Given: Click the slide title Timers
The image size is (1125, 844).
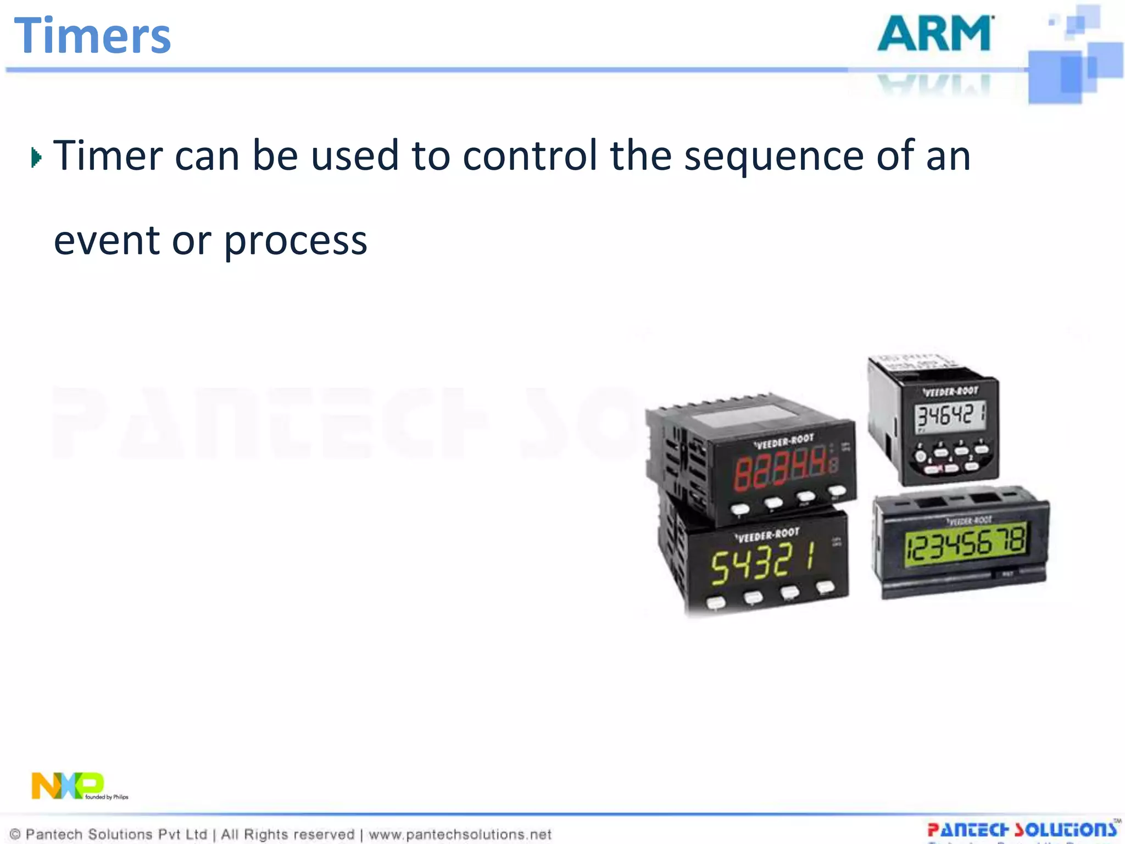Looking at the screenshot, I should pyautogui.click(x=92, y=36).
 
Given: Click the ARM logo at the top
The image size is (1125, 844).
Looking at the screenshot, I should pyautogui.click(x=935, y=34).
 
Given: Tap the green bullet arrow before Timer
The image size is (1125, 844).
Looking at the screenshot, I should pyautogui.click(x=36, y=158).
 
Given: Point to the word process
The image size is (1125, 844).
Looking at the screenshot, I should pyautogui.click(x=296, y=242).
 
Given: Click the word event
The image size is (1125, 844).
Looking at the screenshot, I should pyautogui.click(x=107, y=241).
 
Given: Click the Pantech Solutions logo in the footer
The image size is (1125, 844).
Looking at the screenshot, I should pyautogui.click(x=1022, y=829).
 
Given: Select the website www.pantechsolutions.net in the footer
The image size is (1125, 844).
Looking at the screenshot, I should pyautogui.click(x=460, y=834).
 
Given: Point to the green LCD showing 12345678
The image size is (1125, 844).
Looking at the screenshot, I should pyautogui.click(x=965, y=543).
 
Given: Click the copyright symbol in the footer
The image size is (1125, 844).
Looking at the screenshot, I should pyautogui.click(x=15, y=834).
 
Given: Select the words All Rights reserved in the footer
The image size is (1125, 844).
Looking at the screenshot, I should pyautogui.click(x=287, y=834).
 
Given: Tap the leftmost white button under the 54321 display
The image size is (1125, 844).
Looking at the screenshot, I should pyautogui.click(x=716, y=603).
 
